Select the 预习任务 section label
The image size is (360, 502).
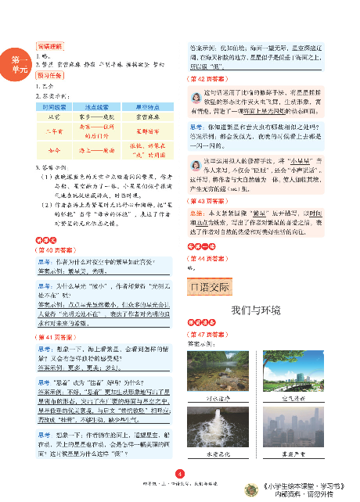51,76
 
